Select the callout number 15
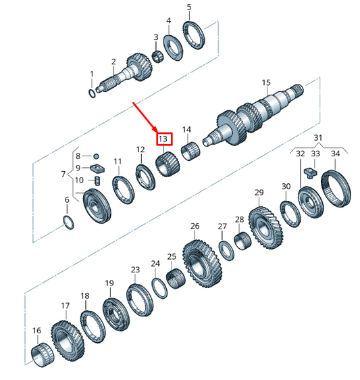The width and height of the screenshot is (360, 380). click(x=266, y=83)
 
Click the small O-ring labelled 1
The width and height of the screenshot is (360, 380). click(x=92, y=93)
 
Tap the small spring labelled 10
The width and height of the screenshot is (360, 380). click(x=97, y=181)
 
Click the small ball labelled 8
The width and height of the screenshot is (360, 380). click(x=97, y=156)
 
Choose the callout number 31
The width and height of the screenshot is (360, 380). click(x=317, y=138)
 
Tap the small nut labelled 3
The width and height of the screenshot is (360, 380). click(x=157, y=55)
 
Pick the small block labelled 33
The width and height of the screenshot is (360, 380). click(x=315, y=170)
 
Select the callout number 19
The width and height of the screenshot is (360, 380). click(x=109, y=283)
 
